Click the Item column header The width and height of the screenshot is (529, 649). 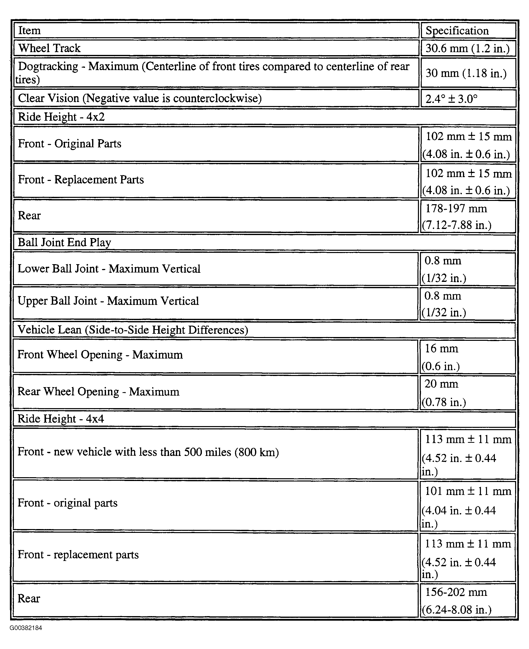pyautogui.click(x=29, y=30)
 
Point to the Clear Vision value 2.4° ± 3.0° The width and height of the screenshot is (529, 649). pyautogui.click(x=451, y=99)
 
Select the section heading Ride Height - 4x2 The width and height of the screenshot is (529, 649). pyautogui.click(x=61, y=117)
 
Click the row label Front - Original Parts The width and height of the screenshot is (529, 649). pyautogui.click(x=70, y=143)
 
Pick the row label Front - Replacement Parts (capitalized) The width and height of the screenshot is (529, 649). pyautogui.click(x=81, y=179)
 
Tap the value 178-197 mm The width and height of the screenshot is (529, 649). pyautogui.click(x=456, y=209)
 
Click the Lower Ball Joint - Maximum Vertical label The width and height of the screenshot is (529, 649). pyautogui.click(x=109, y=269)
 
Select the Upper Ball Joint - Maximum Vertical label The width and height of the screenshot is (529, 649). pyautogui.click(x=108, y=301)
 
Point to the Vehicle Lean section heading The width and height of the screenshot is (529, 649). pyautogui.click(x=133, y=330)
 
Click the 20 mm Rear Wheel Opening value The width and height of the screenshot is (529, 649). pyautogui.click(x=441, y=384)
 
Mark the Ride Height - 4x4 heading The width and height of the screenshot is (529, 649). pyautogui.click(x=61, y=419)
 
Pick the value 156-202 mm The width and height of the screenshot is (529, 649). pyautogui.click(x=456, y=592)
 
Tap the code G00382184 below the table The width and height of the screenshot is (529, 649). pyautogui.click(x=26, y=628)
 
